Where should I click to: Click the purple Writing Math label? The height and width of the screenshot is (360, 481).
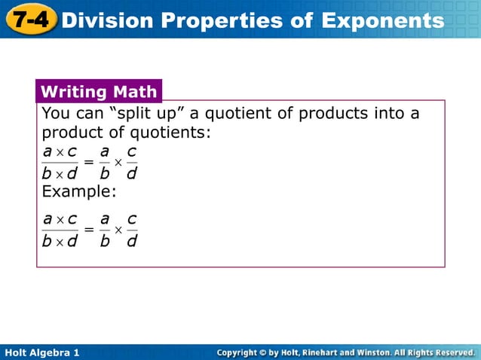99,93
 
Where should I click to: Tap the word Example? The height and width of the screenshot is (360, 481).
79,191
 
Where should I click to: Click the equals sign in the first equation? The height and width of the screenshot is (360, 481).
89,162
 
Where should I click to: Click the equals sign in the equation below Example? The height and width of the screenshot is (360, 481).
89,229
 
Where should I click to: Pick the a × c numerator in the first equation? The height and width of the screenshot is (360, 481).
60,152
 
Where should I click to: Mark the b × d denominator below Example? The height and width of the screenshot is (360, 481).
60,242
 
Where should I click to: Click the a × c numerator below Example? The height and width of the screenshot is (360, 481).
60,219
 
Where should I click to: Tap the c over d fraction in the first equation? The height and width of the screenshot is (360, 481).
131,163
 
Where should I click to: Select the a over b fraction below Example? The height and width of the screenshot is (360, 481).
105,230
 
